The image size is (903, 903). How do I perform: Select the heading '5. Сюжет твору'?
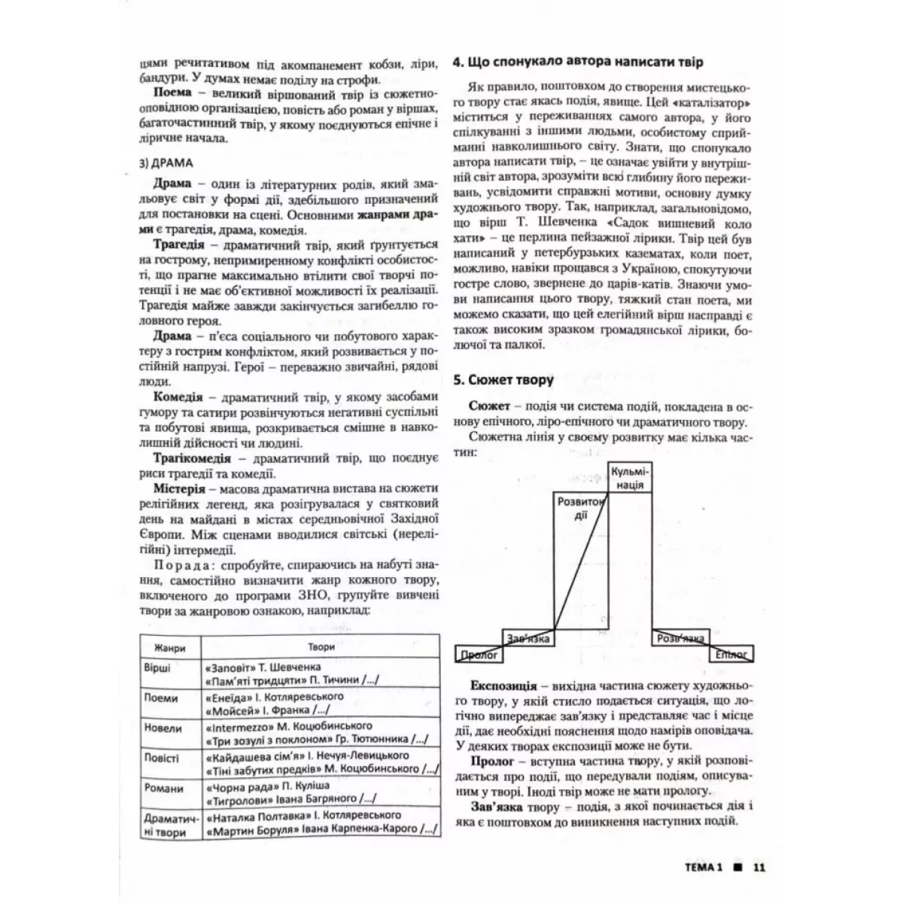coord(504,380)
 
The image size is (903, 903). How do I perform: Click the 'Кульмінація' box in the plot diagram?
coord(629,478)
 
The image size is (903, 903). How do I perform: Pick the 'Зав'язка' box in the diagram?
coord(528,639)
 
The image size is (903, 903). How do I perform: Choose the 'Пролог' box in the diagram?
coord(479,655)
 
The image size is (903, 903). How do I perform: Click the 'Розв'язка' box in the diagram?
coord(680,639)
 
